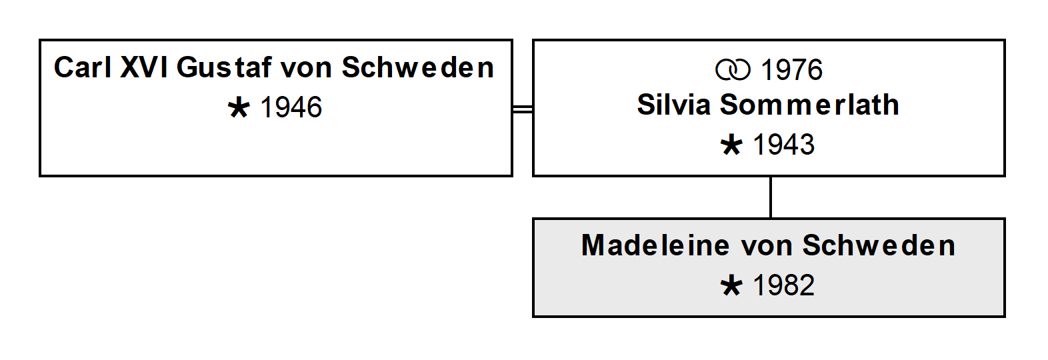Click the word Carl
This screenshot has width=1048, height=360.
point(83,67)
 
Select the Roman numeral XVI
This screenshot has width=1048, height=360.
point(144,67)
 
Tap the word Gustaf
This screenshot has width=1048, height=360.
point(223,67)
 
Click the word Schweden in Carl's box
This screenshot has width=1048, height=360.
point(417,67)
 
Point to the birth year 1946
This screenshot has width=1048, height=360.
point(291,107)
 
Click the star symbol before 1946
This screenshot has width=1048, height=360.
point(239,108)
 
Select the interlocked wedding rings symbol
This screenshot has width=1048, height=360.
point(733,70)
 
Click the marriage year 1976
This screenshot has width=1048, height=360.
point(791,70)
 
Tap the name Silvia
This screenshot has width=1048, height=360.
point(674,105)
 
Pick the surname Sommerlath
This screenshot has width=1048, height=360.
point(809,105)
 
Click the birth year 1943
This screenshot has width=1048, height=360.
point(783,144)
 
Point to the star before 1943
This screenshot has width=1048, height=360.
point(731,145)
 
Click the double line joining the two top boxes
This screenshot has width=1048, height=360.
point(523,109)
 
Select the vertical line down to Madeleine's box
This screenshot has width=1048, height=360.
point(771,197)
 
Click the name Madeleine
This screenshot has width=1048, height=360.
point(655,245)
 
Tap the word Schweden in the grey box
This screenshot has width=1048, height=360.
point(879,245)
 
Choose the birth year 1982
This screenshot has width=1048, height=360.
point(783,285)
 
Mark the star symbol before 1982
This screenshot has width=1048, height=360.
point(731,286)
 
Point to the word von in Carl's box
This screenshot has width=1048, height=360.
point(306,71)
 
